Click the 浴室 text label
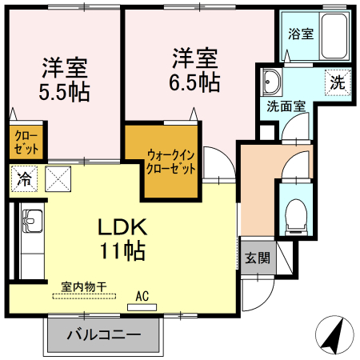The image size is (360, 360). (x=300, y=34)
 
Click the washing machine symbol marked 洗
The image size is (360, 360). (x=338, y=82)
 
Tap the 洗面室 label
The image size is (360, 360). (x=286, y=105)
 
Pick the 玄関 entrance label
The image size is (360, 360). (x=257, y=258)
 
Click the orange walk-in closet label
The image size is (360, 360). (x=170, y=161)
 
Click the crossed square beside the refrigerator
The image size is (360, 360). (x=58, y=178)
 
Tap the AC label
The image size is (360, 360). (x=142, y=296)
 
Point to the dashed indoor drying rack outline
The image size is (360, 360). (x=83, y=294)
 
